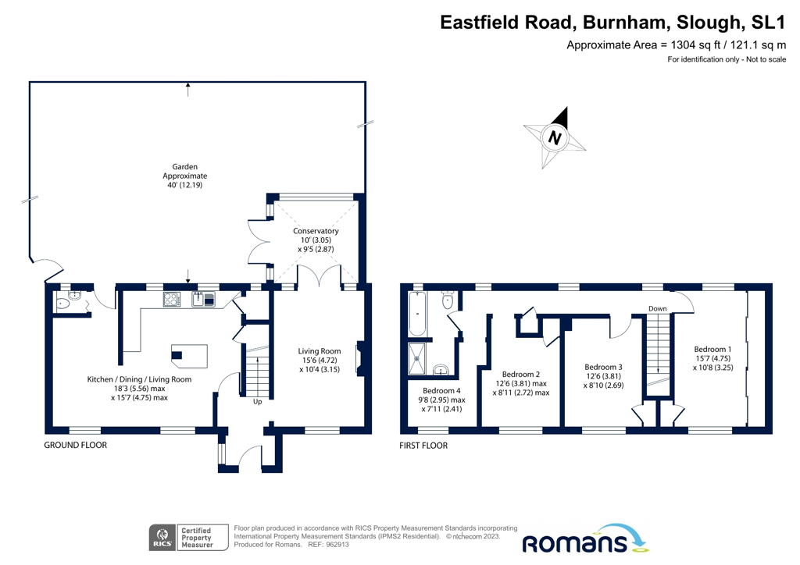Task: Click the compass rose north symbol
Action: point(555,138)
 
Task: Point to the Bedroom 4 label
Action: point(441,391)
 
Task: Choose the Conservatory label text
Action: point(316,232)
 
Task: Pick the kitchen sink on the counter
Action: point(204,299)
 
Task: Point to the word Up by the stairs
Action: point(257,402)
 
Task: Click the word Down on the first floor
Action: point(658,309)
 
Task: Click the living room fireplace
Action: point(359,357)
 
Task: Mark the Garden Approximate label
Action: point(185,176)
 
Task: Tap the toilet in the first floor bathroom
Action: point(448,300)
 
